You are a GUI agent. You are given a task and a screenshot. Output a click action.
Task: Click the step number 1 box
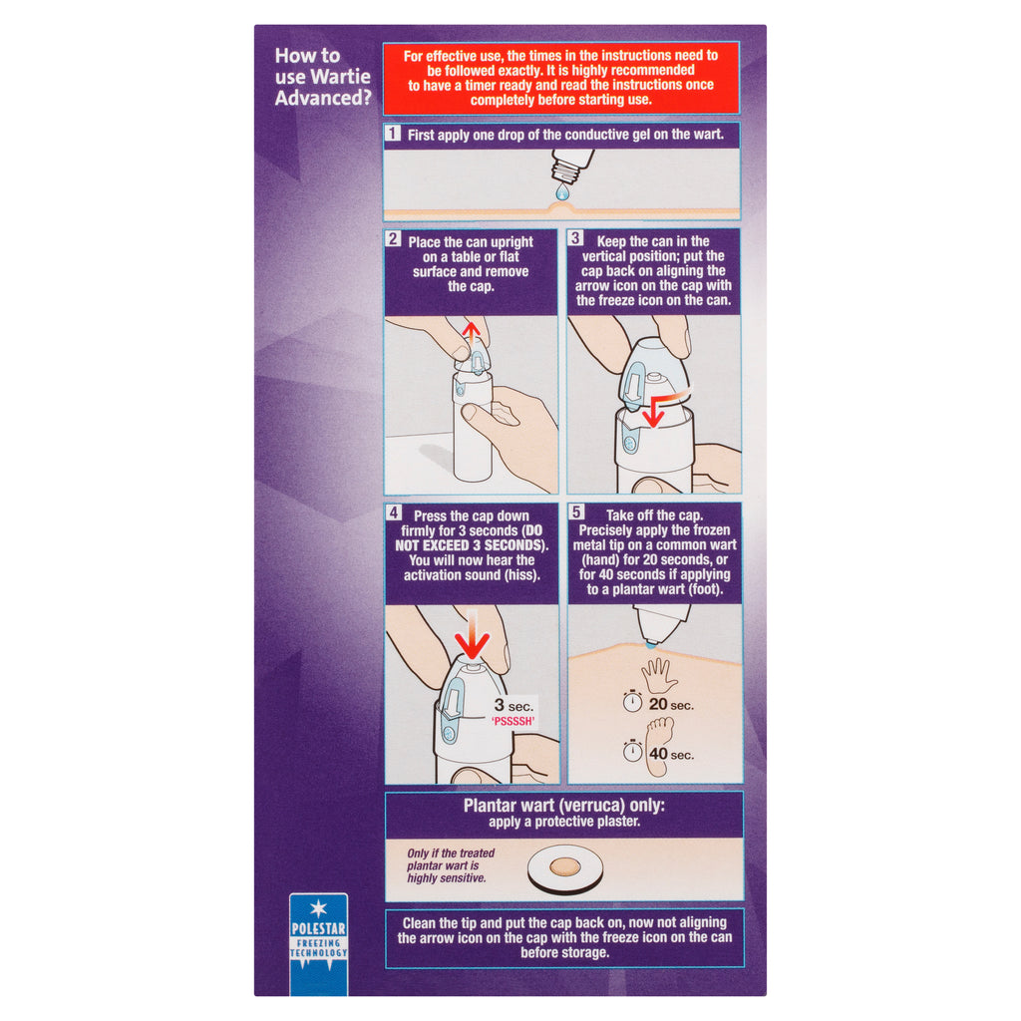coord(392,133)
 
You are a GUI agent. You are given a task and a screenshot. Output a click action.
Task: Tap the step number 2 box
coord(393,239)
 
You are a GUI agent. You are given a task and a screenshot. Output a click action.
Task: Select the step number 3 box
coord(575,238)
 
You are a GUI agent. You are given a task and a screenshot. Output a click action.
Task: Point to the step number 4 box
coord(393,513)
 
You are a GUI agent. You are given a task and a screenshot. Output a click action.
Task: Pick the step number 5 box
coord(576,512)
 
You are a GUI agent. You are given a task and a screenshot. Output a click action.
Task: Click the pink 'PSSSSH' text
coord(513,721)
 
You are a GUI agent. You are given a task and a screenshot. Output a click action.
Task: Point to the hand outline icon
coord(659,676)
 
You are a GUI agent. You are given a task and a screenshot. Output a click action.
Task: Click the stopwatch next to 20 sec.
coord(632,701)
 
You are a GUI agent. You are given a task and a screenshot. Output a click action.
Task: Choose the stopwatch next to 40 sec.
coord(632,751)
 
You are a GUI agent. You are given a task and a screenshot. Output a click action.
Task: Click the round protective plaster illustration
coord(564,868)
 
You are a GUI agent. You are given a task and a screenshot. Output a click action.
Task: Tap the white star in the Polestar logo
coord(318,907)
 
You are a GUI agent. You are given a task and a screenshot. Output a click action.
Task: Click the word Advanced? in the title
coord(323,99)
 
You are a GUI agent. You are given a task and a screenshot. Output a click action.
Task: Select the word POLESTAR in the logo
coord(318,929)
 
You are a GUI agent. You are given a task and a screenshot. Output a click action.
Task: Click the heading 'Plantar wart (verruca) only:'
coord(564,806)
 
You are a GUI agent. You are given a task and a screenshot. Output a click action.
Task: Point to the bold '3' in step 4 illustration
coord(500,705)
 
